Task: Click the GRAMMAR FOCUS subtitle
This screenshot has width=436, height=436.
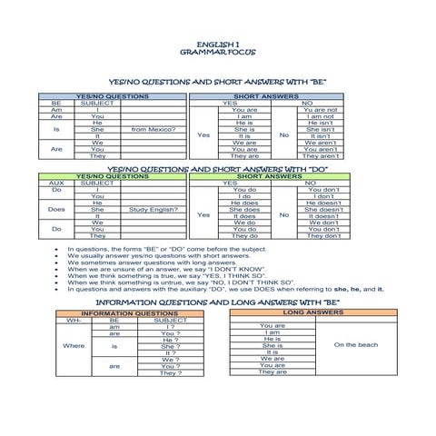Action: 218,53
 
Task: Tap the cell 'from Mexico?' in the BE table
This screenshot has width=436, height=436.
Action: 154,130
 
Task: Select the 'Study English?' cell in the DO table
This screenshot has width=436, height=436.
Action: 154,209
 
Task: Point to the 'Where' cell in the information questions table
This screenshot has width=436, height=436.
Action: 74,345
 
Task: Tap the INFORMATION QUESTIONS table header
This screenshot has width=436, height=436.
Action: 136,314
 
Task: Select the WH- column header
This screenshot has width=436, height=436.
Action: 74,321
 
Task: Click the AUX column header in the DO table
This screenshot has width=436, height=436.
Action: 56,183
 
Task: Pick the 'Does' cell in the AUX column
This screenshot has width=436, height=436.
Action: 56,209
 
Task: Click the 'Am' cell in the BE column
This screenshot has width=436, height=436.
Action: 56,110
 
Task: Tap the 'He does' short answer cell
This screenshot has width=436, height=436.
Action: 244,203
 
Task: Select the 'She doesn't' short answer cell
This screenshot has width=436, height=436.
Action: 323,209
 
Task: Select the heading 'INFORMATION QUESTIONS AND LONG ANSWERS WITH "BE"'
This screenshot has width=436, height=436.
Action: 217,301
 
